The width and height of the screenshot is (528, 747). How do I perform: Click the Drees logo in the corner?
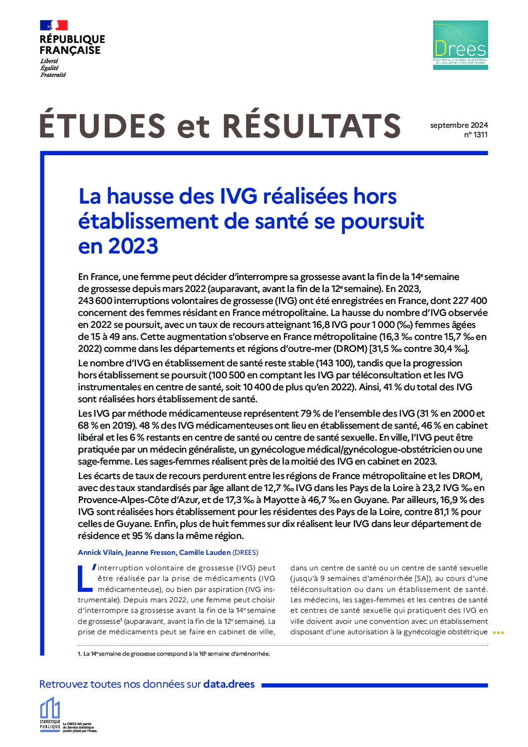(x=460, y=45)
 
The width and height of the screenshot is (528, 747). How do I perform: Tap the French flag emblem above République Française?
(x=53, y=25)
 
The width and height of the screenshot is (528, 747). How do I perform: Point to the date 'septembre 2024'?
(x=459, y=125)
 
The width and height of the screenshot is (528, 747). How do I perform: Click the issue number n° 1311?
(x=476, y=135)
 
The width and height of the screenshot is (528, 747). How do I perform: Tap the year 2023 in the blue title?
(x=133, y=246)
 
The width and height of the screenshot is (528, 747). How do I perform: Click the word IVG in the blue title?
(x=238, y=196)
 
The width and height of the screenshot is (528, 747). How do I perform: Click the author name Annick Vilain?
(x=99, y=552)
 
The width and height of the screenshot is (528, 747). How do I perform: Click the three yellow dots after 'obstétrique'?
(x=499, y=633)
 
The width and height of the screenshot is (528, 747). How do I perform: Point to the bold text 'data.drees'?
(x=229, y=684)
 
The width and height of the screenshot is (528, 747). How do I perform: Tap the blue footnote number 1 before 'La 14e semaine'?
(x=79, y=654)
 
